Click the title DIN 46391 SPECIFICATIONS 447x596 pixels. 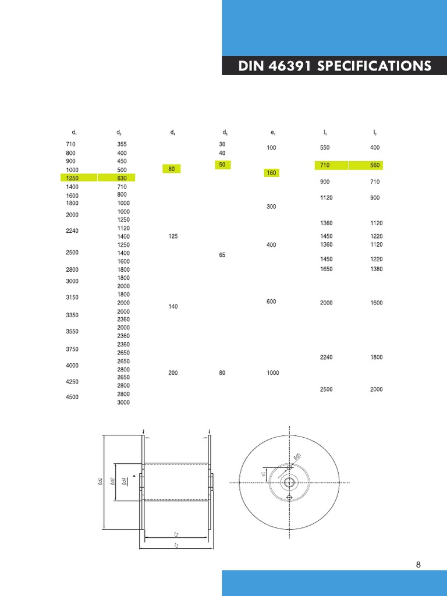pyautogui.click(x=335, y=66)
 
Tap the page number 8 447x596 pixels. pyautogui.click(x=418, y=564)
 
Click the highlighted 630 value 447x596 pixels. pyautogui.click(x=122, y=178)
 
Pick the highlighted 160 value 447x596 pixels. pyautogui.click(x=271, y=173)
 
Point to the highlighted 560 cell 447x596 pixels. pyautogui.click(x=375, y=165)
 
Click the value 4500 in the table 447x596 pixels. pyautogui.click(x=72, y=398)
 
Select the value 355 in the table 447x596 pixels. pyautogui.click(x=122, y=144)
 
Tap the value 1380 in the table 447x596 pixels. pyautogui.click(x=376, y=269)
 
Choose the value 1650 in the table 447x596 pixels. pyautogui.click(x=326, y=269)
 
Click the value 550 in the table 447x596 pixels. pyautogui.click(x=325, y=148)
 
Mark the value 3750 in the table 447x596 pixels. pyautogui.click(x=72, y=349)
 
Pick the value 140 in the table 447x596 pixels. pyautogui.click(x=173, y=307)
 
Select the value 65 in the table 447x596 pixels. pyautogui.click(x=222, y=255)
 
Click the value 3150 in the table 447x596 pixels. pyautogui.click(x=72, y=298)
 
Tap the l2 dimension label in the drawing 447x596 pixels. pyautogui.click(x=176, y=534)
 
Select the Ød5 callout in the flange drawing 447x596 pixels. pyautogui.click(x=297, y=457)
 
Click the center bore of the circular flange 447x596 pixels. pyautogui.click(x=289, y=483)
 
